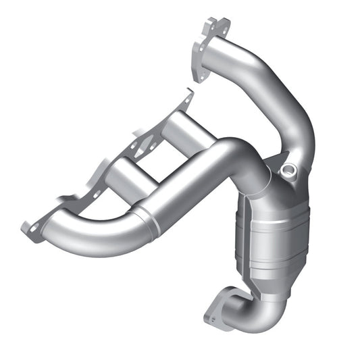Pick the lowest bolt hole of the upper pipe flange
pos(199,74)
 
